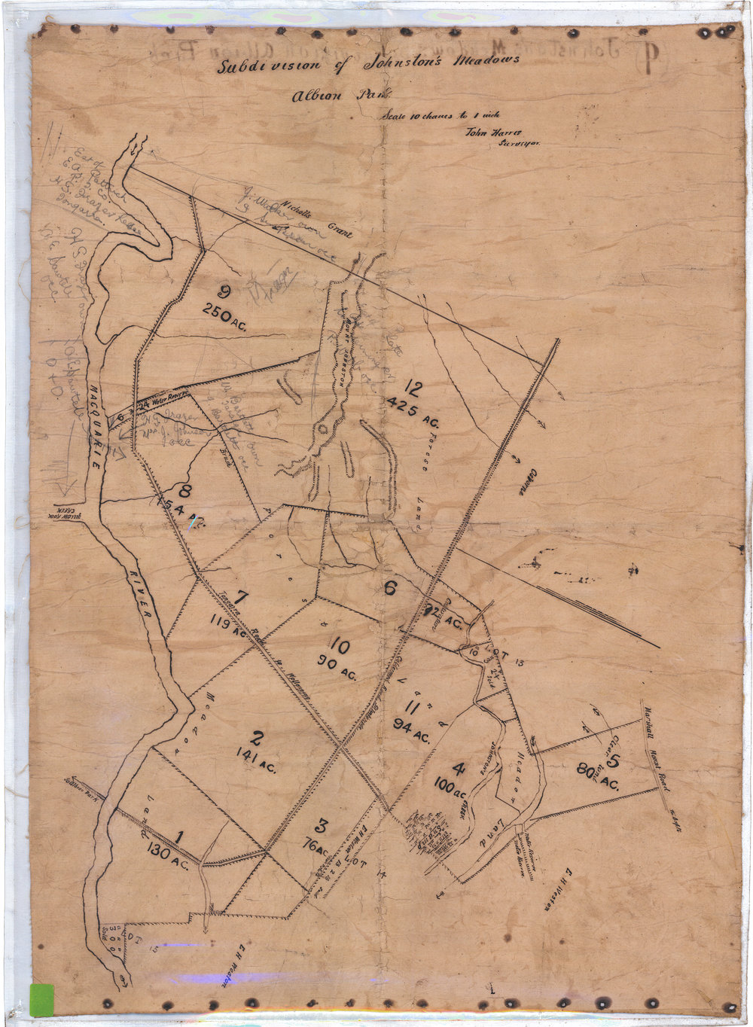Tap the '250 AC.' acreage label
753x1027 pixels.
coord(225,315)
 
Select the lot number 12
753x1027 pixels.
coord(413,389)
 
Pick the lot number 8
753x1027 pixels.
coord(185,492)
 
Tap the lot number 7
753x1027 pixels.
coord(241,599)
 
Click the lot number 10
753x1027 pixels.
coord(340,646)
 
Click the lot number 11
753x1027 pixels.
coord(411,708)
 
